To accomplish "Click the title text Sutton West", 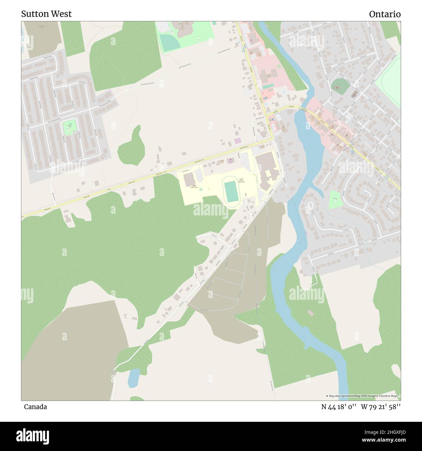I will (46, 14).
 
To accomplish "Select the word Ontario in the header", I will (385, 14).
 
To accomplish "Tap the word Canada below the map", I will (35, 407).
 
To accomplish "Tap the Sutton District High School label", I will (241, 180).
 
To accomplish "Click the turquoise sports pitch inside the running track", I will (230, 192).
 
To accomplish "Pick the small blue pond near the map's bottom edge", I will (133, 378).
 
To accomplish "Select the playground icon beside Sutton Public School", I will (201, 189).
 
